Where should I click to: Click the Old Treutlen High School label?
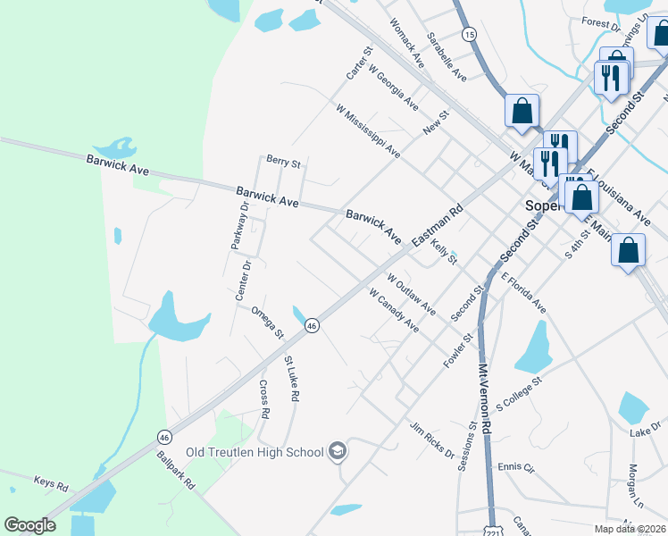255,452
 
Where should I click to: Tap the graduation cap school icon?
337,451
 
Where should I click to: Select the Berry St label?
283,162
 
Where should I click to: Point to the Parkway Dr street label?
238,226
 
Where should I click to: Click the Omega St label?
266,322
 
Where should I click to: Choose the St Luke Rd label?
291,379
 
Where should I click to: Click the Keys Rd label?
51,485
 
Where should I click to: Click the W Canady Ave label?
393,309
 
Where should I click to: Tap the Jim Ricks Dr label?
431,440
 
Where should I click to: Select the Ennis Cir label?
515,467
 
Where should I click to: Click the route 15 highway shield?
469,33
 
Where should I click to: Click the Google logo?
29,525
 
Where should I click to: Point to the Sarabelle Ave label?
447,56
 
